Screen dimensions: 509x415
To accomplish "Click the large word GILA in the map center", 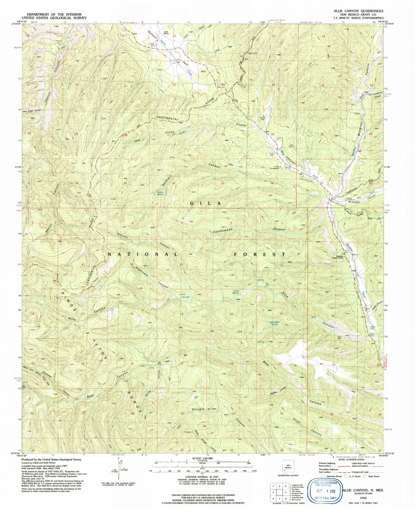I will coord(206,203).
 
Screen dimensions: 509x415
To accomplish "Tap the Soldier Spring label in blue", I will coord(160,193).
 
